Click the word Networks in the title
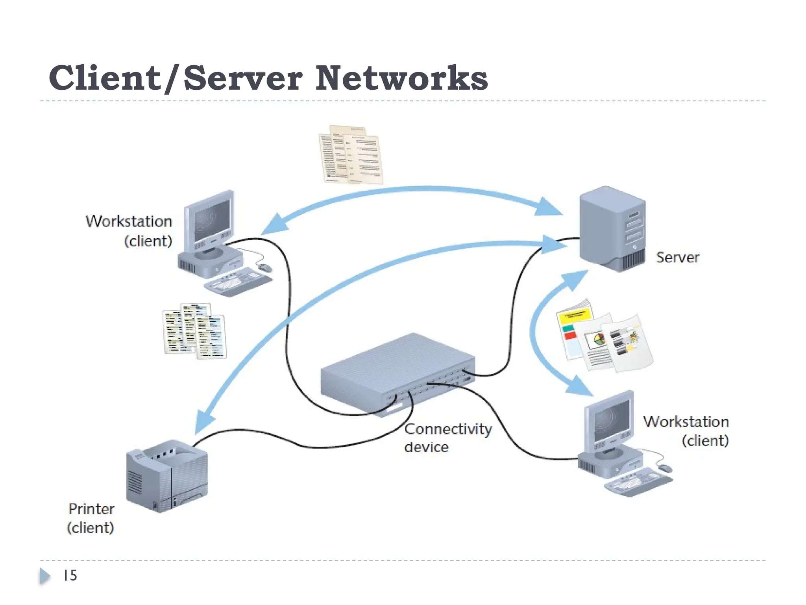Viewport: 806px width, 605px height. tap(401, 78)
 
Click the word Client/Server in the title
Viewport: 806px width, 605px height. tap(175, 78)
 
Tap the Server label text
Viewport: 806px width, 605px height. tap(678, 258)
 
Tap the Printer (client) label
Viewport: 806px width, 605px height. tap(91, 518)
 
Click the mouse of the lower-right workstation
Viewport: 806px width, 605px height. tap(666, 468)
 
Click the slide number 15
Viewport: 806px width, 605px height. tap(70, 575)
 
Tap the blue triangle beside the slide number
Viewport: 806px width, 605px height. tap(44, 576)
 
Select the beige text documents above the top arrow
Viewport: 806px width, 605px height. tap(350, 155)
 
